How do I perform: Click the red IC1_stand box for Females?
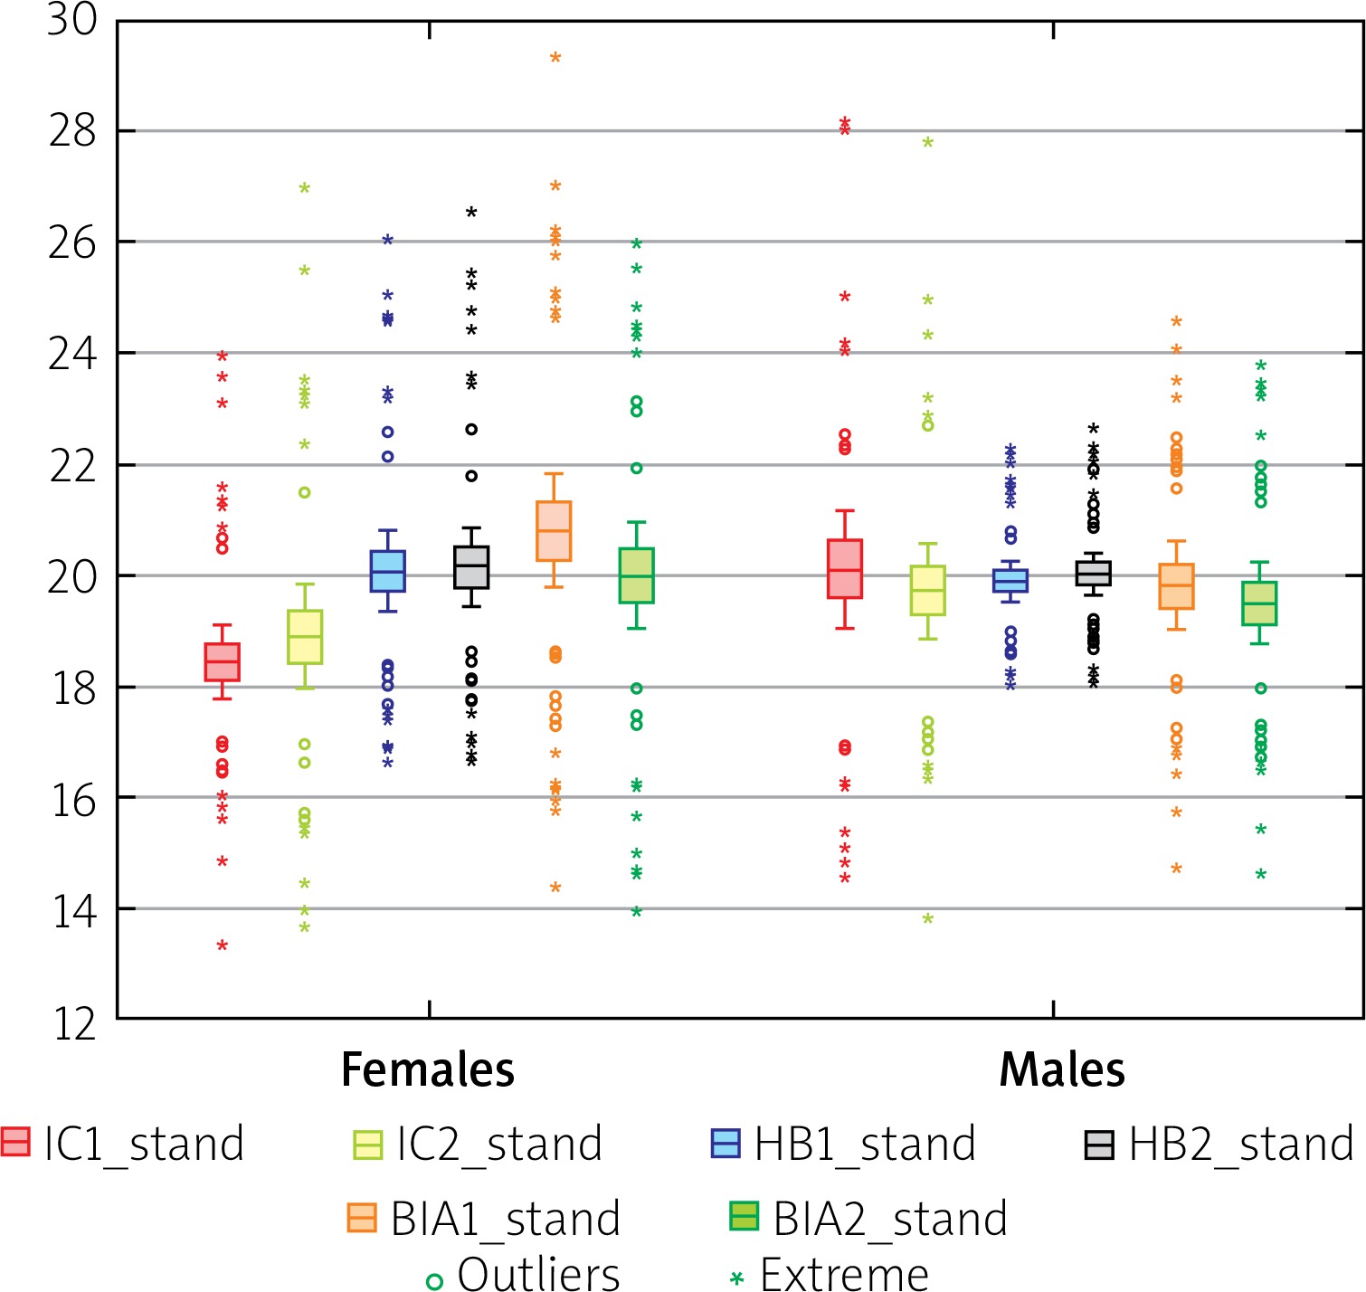click(222, 661)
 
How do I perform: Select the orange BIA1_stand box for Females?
click(554, 531)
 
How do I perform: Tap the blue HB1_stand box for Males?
click(1010, 580)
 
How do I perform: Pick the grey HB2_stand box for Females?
click(470, 567)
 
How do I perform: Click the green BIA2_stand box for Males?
click(1259, 603)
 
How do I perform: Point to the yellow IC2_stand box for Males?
click(927, 591)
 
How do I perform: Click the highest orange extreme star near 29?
click(555, 58)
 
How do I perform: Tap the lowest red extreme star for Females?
click(222, 945)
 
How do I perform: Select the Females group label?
click(427, 1069)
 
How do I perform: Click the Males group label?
click(1062, 1069)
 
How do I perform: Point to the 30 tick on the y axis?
click(71, 20)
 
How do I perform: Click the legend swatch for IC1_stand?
click(15, 1142)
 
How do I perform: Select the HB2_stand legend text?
click(1240, 1144)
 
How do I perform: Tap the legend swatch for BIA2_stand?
click(744, 1217)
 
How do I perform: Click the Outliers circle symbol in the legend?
click(434, 1280)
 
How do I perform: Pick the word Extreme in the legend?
click(844, 1274)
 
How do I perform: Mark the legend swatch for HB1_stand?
click(726, 1143)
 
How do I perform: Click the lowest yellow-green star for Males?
click(927, 919)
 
